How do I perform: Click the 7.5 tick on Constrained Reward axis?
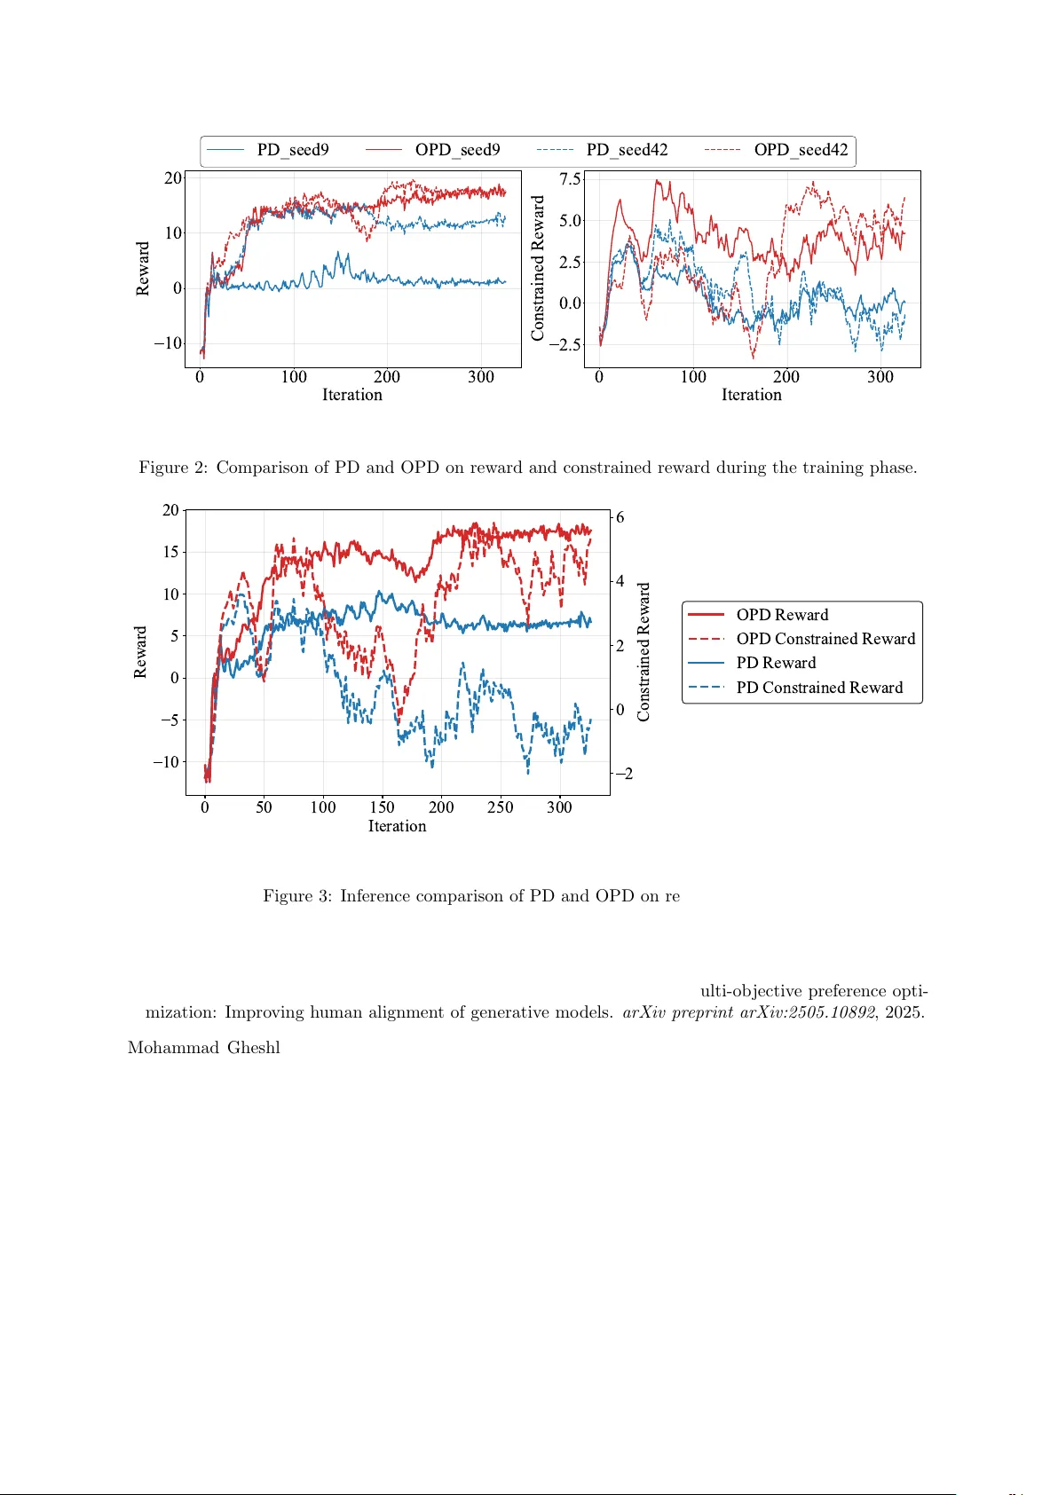coord(570,179)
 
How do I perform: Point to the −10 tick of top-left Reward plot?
coord(167,343)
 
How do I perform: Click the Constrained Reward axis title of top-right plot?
coord(538,268)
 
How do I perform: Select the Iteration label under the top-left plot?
coord(351,395)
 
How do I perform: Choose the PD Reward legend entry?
coord(775,663)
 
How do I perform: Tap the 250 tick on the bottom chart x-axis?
coord(501,807)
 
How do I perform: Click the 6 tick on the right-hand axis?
coord(620,517)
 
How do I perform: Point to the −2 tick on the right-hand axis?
coord(624,774)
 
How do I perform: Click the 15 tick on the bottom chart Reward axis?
coord(170,552)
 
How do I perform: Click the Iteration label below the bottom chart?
coord(397,826)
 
